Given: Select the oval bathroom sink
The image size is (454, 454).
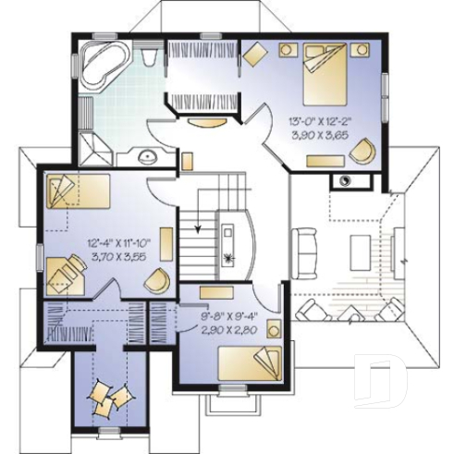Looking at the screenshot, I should coord(147,156).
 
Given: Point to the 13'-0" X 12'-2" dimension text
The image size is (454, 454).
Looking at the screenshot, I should coord(321,119).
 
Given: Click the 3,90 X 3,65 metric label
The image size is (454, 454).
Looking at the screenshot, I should coord(321,134).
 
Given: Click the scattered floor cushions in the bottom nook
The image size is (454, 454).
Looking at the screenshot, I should coord(108,400).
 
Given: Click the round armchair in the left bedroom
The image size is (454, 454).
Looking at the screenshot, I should coord(157,278).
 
